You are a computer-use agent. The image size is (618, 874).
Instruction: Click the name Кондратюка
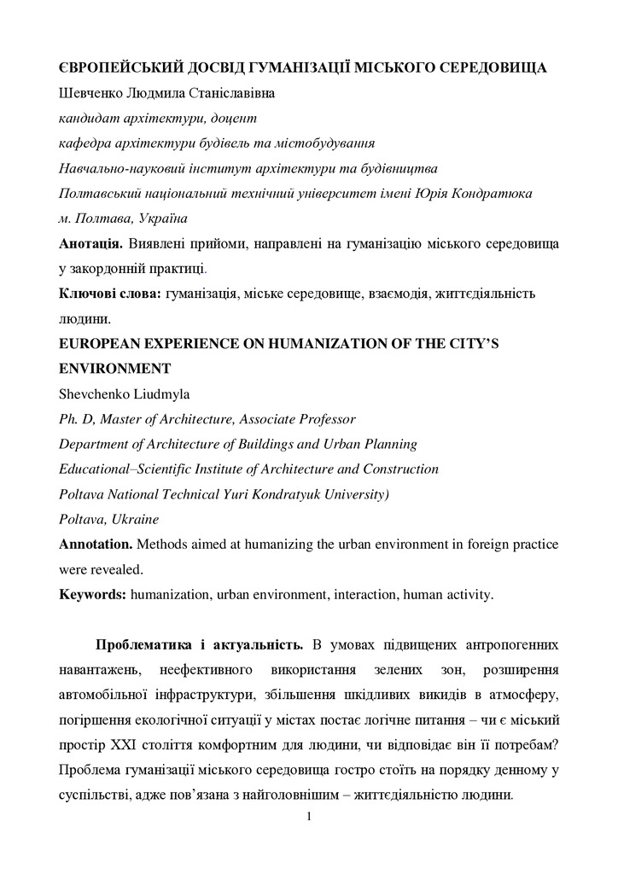point(492,193)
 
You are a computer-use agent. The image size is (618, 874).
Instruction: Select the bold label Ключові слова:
point(109,294)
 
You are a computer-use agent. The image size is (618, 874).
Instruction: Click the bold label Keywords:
point(92,594)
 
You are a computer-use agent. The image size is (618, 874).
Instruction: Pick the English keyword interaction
point(370,594)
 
